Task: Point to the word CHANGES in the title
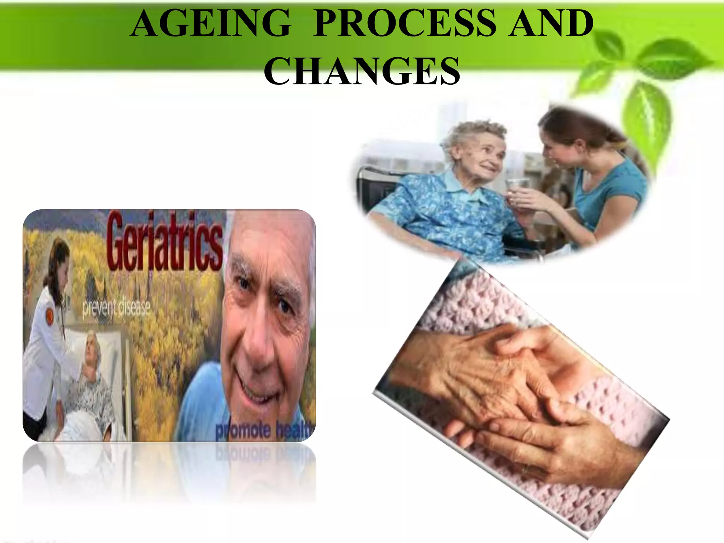click(362, 72)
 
